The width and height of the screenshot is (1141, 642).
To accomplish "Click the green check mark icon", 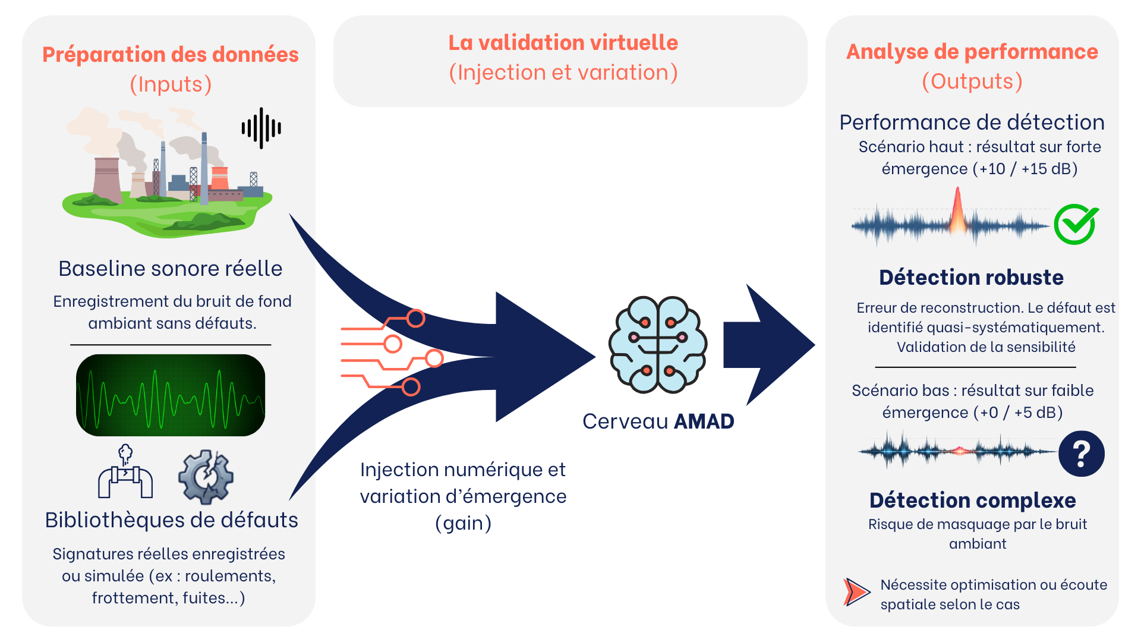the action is (1076, 224).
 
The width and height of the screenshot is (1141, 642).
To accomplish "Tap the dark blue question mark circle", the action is (1082, 454).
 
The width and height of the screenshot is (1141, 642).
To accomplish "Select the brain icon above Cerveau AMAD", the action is (658, 345).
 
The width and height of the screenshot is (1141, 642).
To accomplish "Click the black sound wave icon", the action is (261, 128).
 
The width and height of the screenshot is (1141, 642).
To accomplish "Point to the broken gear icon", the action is (206, 477).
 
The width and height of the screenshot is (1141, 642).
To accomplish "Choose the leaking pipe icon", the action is (125, 472).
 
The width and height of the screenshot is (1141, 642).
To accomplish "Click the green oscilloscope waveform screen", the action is (171, 395).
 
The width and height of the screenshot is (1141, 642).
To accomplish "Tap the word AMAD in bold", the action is (704, 421).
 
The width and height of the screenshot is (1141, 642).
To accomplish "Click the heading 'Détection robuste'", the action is (972, 278).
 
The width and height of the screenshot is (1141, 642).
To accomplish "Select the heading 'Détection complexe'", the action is (973, 501).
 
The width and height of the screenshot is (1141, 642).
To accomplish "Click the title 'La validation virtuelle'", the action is (563, 43).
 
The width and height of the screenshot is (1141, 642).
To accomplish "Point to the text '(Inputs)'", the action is (171, 84).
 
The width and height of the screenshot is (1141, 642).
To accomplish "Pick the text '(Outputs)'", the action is (972, 81).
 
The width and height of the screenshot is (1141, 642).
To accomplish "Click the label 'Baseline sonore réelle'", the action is (171, 269).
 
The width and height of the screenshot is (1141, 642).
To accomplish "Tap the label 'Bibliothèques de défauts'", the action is (172, 520).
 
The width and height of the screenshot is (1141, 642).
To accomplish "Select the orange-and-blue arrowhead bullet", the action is (856, 592).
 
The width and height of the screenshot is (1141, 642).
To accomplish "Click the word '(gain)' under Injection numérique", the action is (464, 524).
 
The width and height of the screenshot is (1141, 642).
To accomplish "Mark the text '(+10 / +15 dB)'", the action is (1025, 169).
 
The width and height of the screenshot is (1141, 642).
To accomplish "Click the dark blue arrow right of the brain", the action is (769, 345).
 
